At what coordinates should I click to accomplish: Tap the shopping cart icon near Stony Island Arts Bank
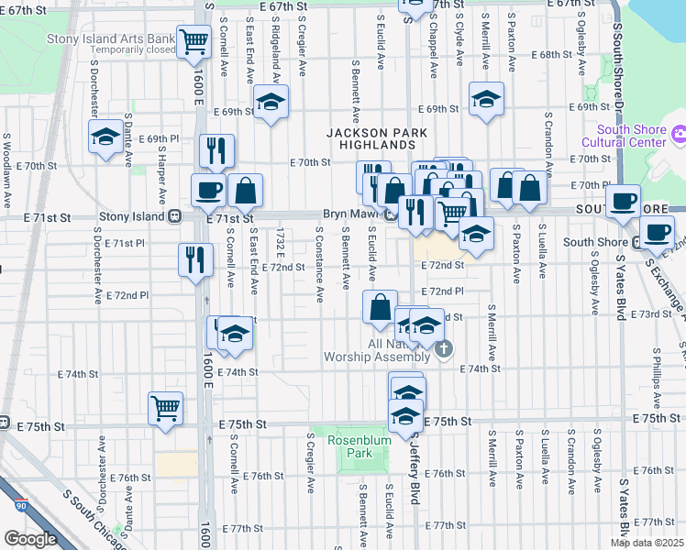pos(194,42)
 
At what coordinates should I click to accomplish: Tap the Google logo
pos(30,539)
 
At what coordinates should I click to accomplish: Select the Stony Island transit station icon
pos(173,217)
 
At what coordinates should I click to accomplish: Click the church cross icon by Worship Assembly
pos(445,347)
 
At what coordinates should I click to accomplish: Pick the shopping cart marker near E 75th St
pos(165,407)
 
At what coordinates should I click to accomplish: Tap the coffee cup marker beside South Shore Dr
pos(624,200)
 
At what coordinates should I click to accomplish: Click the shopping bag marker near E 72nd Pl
pos(380,307)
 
